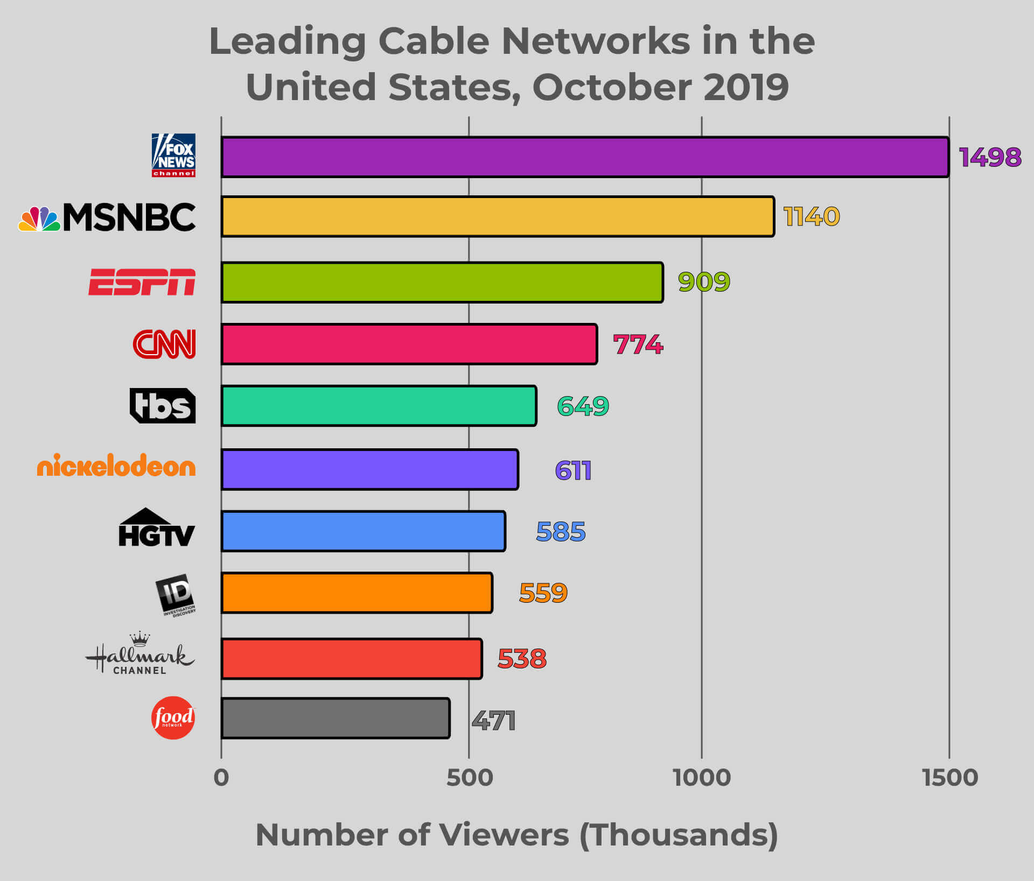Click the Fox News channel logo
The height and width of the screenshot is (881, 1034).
pos(173,155)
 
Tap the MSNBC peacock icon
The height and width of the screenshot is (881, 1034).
pos(39,219)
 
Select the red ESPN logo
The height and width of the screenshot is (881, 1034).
pos(142,282)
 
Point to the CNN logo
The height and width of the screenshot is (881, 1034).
pos(164,344)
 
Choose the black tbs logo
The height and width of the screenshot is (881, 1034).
pos(163,405)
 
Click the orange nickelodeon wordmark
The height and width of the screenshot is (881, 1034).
pos(116,466)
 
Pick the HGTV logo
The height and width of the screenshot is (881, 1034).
pos(156,528)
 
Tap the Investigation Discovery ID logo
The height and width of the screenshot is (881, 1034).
pos(176,595)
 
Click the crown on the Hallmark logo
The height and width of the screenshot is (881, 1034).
pos(140,639)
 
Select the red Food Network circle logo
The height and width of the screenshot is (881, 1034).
pos(173,717)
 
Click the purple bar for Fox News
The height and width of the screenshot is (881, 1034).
pos(584,157)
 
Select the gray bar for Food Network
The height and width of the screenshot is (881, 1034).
pos(335,718)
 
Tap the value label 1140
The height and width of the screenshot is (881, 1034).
pos(812,216)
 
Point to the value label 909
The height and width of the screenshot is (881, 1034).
pos(704,282)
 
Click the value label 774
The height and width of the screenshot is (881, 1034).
pos(638,344)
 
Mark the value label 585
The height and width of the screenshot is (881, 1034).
pos(561,532)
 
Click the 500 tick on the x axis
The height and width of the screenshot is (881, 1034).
pos(470,778)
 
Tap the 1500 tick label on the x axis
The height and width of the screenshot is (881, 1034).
pos(950,778)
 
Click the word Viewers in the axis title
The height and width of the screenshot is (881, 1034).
pos(504,835)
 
